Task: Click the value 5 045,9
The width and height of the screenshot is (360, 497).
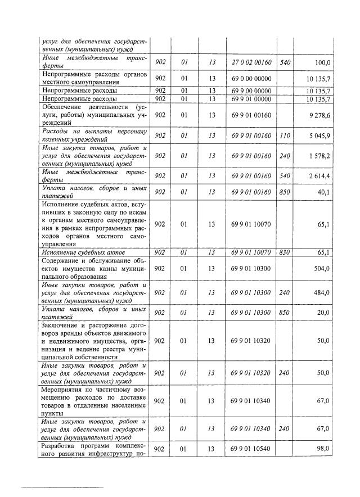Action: click(x=318, y=135)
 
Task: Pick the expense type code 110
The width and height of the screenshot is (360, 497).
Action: click(x=285, y=135)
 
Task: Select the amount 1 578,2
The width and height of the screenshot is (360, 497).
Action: click(x=318, y=155)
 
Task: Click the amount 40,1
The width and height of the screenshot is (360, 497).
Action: click(x=322, y=192)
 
